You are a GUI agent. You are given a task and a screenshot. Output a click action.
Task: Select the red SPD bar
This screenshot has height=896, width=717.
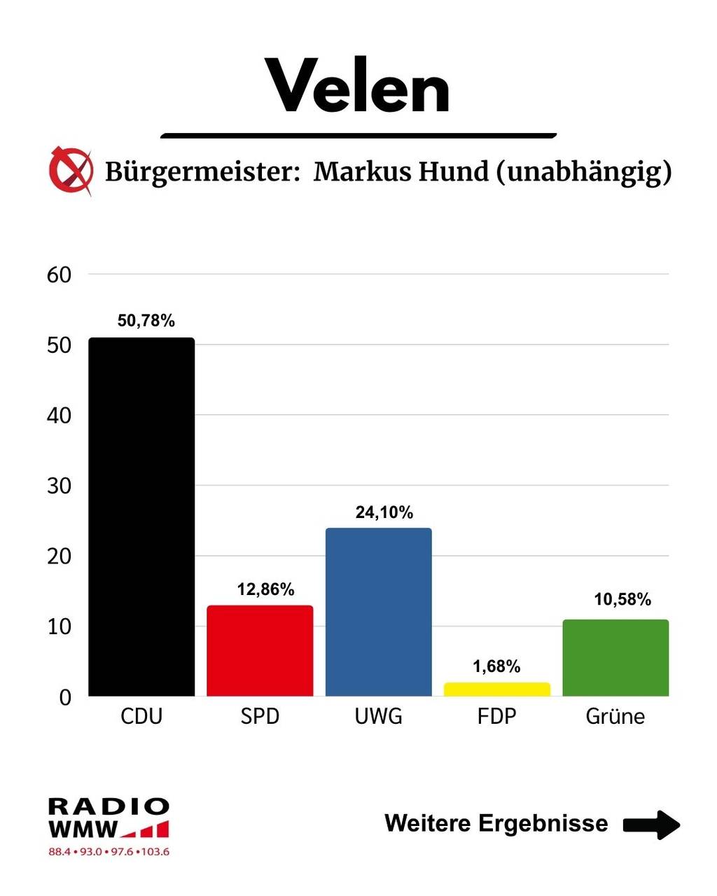point(260,650)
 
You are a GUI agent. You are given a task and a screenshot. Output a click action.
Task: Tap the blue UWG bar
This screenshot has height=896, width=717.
point(378,612)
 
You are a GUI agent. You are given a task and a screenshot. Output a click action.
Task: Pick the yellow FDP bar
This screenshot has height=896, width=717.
point(496,689)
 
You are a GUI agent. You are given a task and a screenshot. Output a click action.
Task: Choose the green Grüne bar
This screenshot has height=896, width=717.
point(615,657)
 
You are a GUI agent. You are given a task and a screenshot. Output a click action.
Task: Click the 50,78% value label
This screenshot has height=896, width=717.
point(146,321)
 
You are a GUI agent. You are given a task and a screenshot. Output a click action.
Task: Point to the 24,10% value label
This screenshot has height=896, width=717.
point(384,512)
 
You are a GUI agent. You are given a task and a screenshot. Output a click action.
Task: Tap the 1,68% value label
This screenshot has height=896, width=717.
point(496,666)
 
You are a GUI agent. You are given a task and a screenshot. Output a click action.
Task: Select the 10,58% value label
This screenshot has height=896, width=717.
point(622,599)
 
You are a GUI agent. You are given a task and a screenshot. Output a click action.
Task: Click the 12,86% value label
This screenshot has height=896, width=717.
point(265,589)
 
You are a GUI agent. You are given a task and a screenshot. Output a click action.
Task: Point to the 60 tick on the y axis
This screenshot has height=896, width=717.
point(60,275)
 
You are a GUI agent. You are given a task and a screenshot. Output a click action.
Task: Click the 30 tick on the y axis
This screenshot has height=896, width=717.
point(60,486)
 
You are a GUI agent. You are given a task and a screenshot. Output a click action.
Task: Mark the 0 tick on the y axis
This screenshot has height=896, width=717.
point(65,697)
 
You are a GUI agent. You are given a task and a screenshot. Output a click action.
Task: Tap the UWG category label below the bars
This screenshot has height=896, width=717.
point(378,716)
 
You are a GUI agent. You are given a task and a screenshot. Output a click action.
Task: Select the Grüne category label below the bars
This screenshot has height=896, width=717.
point(615,716)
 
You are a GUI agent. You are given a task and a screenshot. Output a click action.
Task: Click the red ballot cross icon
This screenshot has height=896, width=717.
point(71,170)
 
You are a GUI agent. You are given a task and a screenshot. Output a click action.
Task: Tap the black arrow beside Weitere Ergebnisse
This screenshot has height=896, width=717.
point(651,824)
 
